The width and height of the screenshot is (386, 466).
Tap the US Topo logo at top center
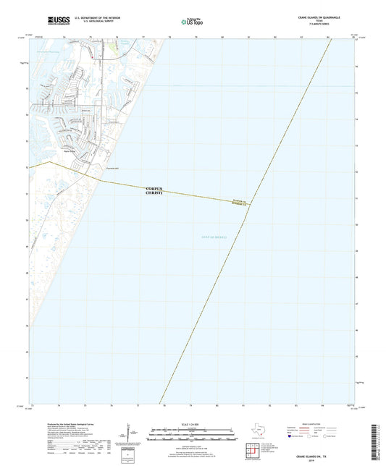click(193, 22)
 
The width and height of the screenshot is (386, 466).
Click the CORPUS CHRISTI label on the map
click(155, 191)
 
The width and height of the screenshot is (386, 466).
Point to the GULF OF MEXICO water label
click(213, 237)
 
